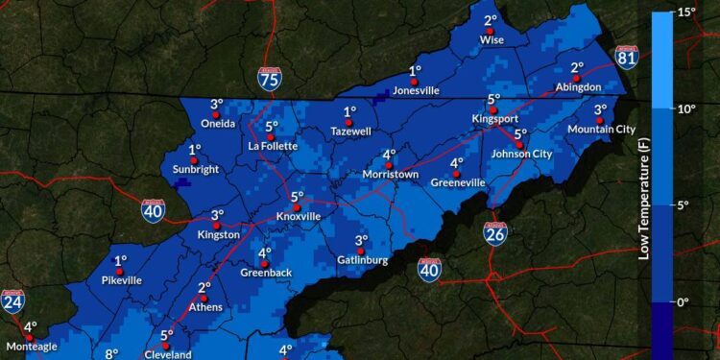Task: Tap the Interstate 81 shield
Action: tap(626, 58)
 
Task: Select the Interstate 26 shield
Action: tap(495, 233)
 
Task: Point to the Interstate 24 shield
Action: tap(12, 303)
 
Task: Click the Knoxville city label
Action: tap(299, 216)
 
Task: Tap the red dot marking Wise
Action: tap(491, 31)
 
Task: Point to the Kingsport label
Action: tap(494, 119)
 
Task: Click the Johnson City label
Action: tap(521, 154)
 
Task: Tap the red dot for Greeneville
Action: tap(457, 174)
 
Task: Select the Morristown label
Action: tap(391, 175)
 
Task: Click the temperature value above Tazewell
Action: tap(350, 111)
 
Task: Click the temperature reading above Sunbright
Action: tap(195, 150)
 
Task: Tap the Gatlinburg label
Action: tap(362, 260)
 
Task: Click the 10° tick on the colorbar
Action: tap(686, 108)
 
